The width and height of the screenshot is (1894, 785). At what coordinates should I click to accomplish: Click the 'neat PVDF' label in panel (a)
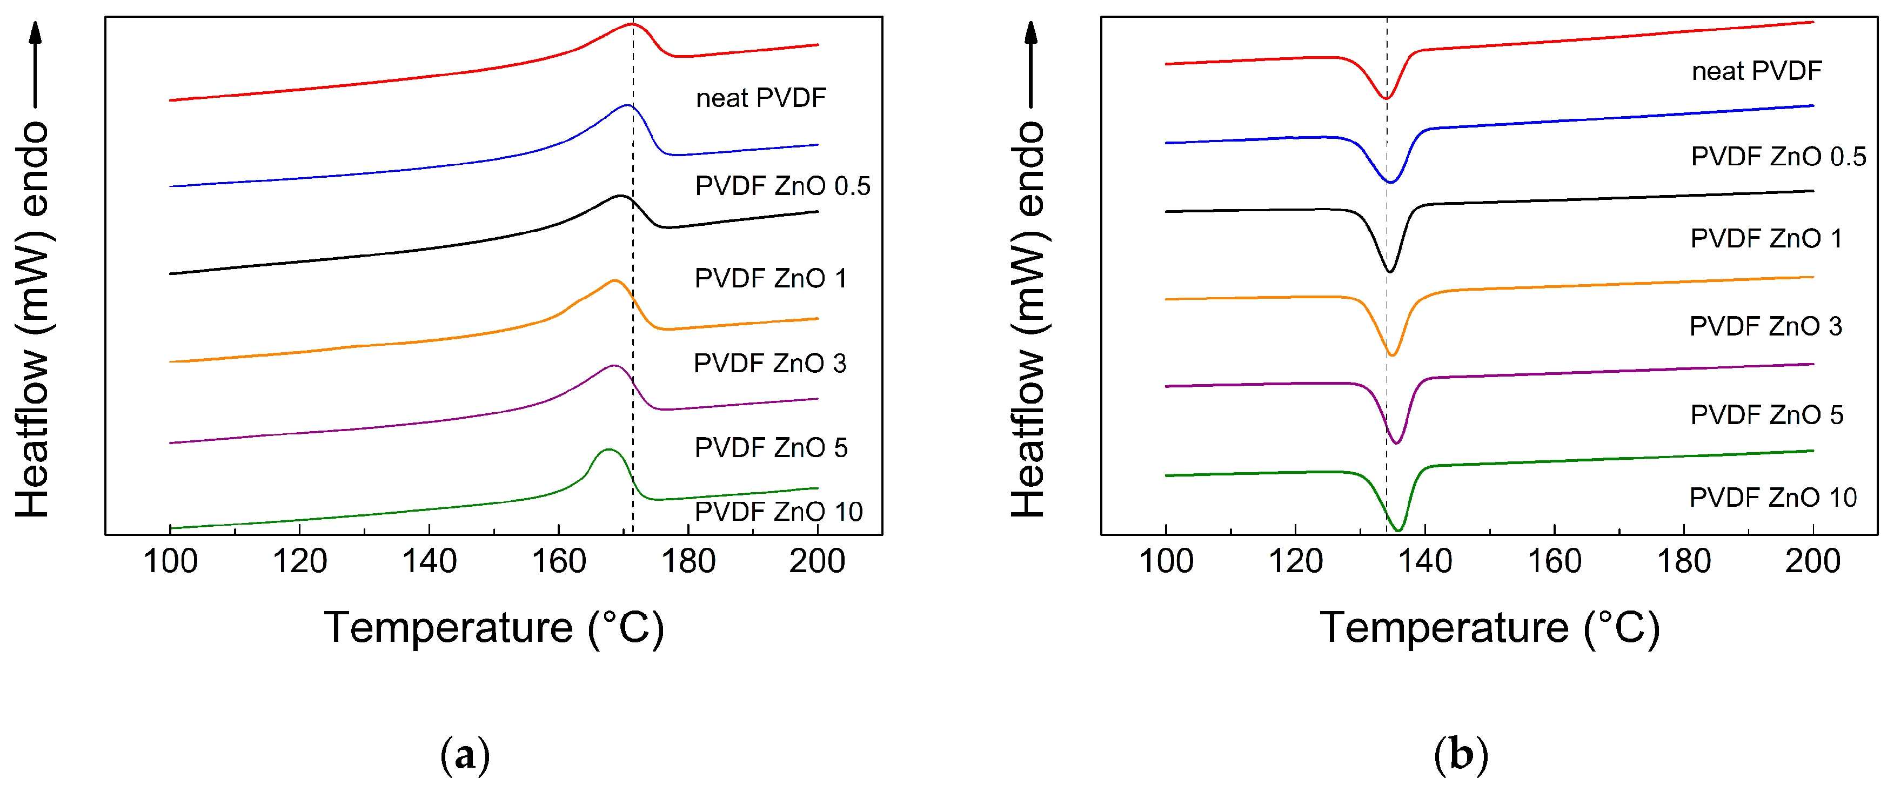761,98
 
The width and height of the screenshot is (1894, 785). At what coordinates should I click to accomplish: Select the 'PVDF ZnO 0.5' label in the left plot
782,186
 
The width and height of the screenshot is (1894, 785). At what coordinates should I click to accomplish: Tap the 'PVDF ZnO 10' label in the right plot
1772,498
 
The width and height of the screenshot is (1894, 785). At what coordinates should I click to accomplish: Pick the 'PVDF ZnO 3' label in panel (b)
1765,326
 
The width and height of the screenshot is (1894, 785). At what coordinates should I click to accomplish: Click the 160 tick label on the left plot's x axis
559,561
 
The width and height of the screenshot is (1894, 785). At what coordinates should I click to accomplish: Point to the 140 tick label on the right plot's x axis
1424,561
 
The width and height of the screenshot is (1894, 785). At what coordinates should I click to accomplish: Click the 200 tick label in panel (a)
817,561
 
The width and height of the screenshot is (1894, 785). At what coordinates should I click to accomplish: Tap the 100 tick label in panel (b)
1166,561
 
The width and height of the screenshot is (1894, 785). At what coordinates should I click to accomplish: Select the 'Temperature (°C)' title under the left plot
494,628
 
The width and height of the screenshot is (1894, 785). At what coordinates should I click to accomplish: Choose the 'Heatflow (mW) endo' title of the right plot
1028,320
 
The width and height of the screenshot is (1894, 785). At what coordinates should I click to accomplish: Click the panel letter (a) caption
465,755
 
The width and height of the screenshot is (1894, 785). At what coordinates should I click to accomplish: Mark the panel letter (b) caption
1460,755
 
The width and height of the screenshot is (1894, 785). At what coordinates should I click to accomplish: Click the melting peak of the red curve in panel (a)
631,24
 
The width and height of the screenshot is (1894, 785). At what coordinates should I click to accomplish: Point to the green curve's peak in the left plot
607,449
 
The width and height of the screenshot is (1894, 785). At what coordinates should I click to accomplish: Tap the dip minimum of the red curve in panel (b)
1386,98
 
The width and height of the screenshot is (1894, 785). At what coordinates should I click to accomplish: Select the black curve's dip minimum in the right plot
1390,271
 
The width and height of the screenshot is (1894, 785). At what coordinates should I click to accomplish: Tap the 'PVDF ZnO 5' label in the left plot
771,448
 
